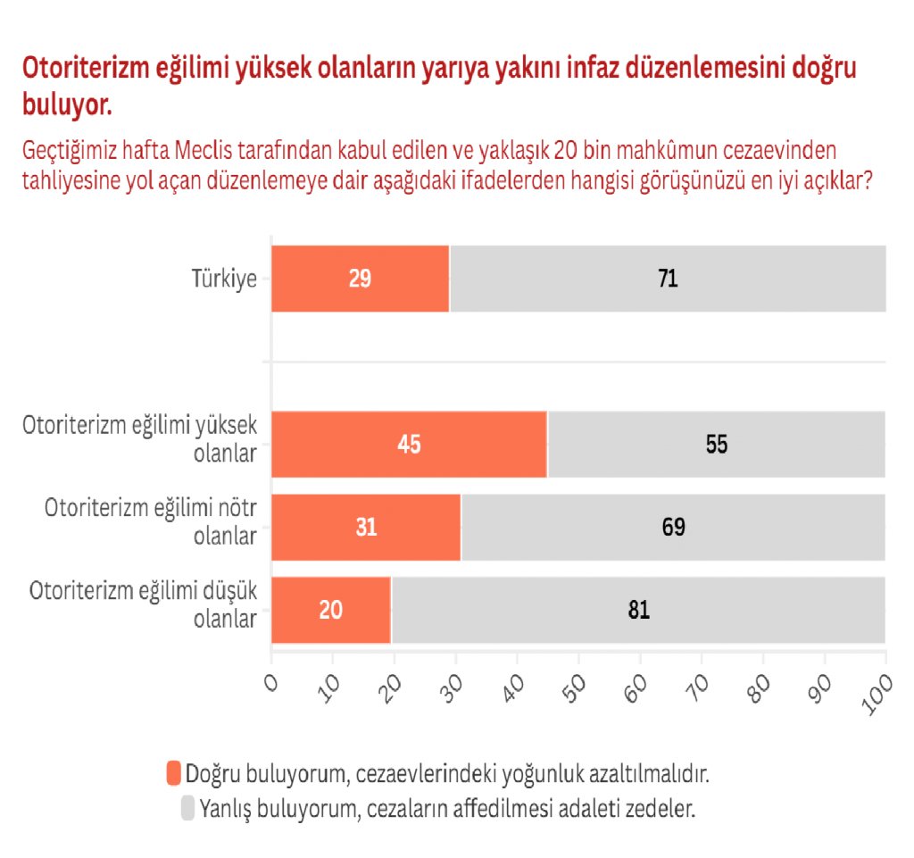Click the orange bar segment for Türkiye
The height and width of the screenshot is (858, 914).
pos(360,279)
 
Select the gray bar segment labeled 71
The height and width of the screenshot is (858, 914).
pos(668,279)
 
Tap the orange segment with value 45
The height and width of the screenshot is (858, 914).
pos(409,445)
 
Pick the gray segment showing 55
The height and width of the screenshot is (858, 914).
pos(716,445)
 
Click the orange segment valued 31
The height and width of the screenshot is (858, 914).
pos(366,528)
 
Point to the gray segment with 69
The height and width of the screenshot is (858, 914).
pos(673,528)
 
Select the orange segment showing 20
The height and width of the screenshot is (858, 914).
pos(331,611)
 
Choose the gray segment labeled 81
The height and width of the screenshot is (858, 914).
pos(638,611)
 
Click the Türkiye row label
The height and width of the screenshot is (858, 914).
pos(224,279)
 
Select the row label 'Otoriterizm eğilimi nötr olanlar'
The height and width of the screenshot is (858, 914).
pos(151,521)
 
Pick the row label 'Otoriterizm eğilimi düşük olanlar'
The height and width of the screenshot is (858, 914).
pos(144,604)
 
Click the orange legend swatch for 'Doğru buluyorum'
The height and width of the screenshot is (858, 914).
pos(173,773)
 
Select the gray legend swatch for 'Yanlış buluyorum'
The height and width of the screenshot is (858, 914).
pos(187,809)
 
